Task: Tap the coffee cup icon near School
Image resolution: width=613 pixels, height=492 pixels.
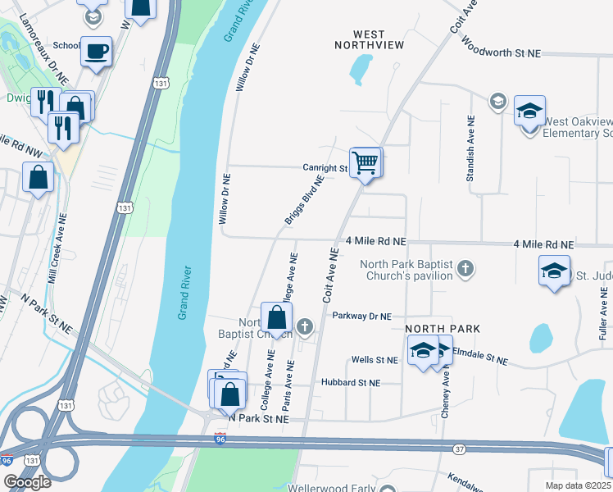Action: pos(96,51)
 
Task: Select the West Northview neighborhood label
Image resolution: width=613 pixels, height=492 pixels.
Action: pos(369,39)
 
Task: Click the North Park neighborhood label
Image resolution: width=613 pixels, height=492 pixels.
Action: pos(442,329)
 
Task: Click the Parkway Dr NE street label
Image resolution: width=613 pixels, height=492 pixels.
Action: pos(362,316)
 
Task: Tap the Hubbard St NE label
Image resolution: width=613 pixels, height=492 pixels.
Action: pos(351,383)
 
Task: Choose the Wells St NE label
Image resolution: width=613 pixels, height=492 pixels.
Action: pos(374,360)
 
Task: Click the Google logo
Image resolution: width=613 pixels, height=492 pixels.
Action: pos(27,481)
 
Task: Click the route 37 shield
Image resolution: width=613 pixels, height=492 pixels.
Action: pos(459,449)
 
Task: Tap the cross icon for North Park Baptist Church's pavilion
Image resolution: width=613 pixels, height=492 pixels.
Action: pos(465,268)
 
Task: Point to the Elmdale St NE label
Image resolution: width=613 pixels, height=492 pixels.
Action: pos(480,360)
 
